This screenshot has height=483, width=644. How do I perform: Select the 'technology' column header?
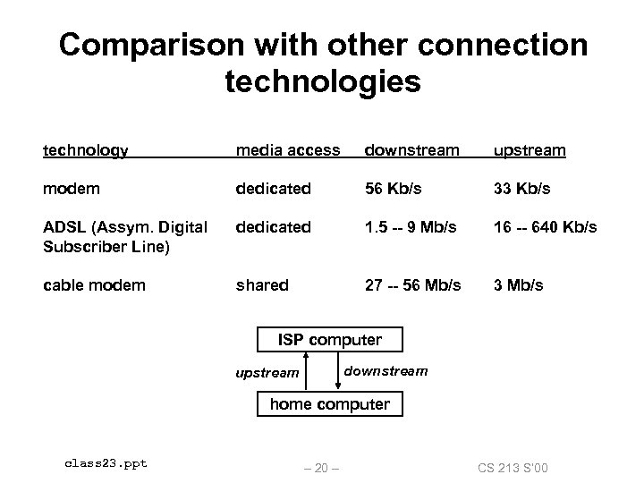pos(86,150)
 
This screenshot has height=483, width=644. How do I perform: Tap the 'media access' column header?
pos(288,150)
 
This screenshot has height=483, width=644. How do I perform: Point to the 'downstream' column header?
pos(411,150)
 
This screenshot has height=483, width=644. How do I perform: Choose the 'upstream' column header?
pos(530,150)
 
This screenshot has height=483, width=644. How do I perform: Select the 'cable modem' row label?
pos(94,284)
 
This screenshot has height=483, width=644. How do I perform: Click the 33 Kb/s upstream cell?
pos(523,190)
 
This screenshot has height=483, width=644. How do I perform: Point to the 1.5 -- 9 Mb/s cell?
pos(412,228)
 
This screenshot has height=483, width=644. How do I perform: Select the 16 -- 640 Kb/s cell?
pos(546,228)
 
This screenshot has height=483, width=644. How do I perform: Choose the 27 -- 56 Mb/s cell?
pos(412,284)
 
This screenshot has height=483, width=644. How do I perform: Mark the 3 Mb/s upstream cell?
pos(518,284)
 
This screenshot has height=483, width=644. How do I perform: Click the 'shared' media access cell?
pos(262,284)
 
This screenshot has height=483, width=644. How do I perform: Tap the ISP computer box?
pos(330,340)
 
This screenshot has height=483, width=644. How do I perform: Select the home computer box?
pos(330,404)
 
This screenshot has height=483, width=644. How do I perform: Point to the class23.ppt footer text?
pos(106,462)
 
